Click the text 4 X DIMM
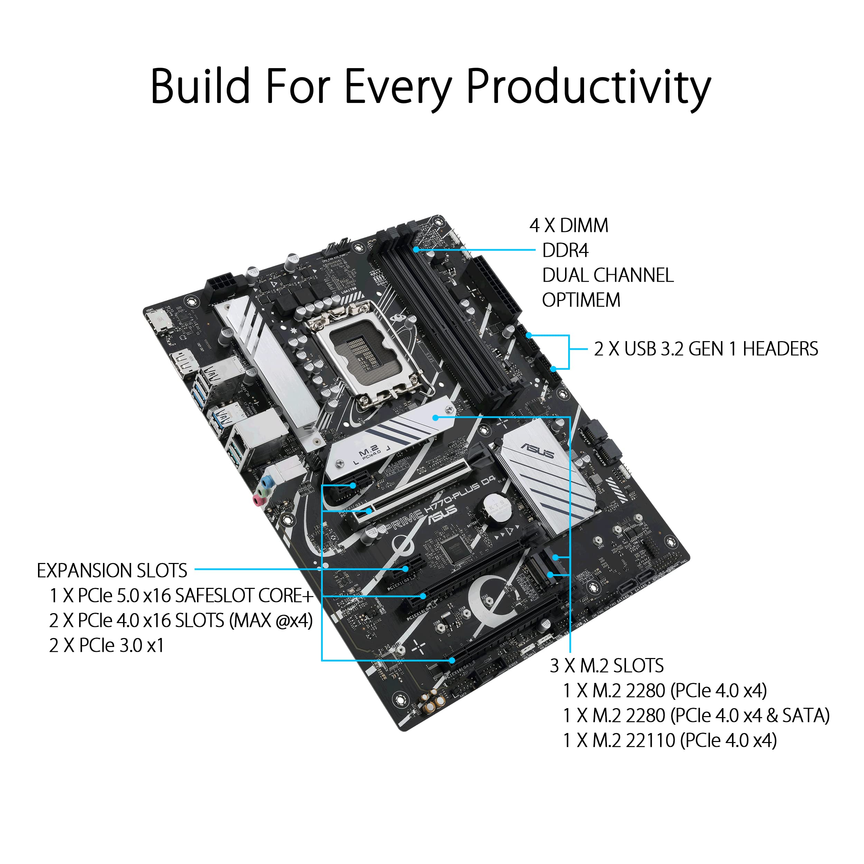click(x=569, y=226)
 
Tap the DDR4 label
click(x=565, y=251)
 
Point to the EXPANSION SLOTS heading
click(x=112, y=571)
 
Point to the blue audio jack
click(x=267, y=482)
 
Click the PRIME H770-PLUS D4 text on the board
click(x=441, y=503)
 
